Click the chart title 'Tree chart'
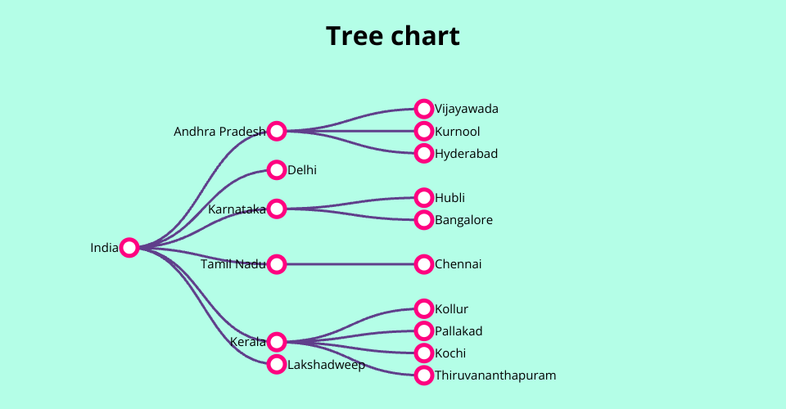click(x=393, y=36)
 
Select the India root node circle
click(x=129, y=248)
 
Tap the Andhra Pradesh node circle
click(x=277, y=131)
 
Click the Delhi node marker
click(x=277, y=170)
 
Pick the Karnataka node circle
click(x=277, y=209)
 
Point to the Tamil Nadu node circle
click(x=277, y=264)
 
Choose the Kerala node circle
click(x=277, y=342)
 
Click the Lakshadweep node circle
click(x=277, y=364)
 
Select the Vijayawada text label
click(x=467, y=109)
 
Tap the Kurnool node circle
click(x=423, y=131)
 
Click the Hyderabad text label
click(x=467, y=154)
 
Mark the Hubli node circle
click(x=423, y=197)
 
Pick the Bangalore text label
click(x=464, y=220)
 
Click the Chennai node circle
click(x=423, y=264)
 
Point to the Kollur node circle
click(x=423, y=308)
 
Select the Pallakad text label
click(x=459, y=331)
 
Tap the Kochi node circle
click(x=423, y=353)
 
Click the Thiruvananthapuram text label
click(x=495, y=375)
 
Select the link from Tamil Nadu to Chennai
click(x=350, y=264)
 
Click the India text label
click(x=104, y=248)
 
